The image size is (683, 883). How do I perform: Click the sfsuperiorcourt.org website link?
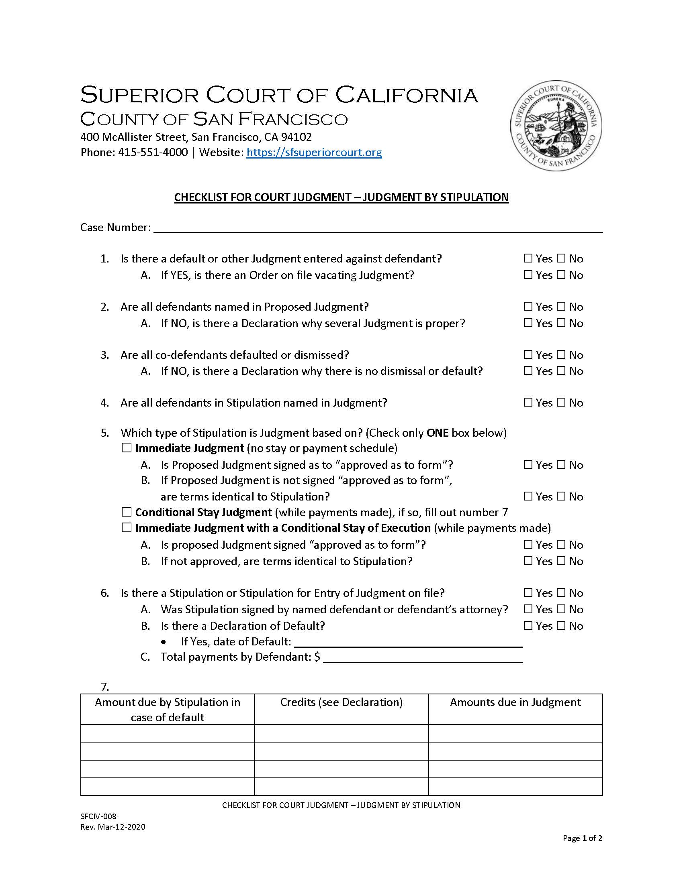[314, 153]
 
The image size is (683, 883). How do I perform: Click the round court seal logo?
[556, 125]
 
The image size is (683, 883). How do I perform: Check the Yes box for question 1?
[528, 258]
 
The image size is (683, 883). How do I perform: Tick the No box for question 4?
[561, 402]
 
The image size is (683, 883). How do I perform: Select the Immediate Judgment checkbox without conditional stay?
[127, 448]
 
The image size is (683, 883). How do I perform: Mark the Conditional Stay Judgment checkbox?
[127, 512]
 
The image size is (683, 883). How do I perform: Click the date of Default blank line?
[408, 642]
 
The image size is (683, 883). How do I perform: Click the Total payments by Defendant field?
[423, 657]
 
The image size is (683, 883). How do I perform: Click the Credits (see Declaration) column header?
[341, 702]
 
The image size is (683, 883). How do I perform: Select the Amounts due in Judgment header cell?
[515, 702]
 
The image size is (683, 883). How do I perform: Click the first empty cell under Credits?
[341, 733]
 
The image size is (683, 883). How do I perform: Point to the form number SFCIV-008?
[98, 816]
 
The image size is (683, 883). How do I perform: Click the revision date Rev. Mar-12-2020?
[112, 827]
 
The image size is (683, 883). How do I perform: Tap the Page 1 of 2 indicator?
[582, 838]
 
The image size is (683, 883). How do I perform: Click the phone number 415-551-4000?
[153, 153]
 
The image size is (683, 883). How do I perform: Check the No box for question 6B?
[561, 625]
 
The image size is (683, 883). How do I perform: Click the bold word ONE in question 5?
[437, 433]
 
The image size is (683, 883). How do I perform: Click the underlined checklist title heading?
[341, 197]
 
